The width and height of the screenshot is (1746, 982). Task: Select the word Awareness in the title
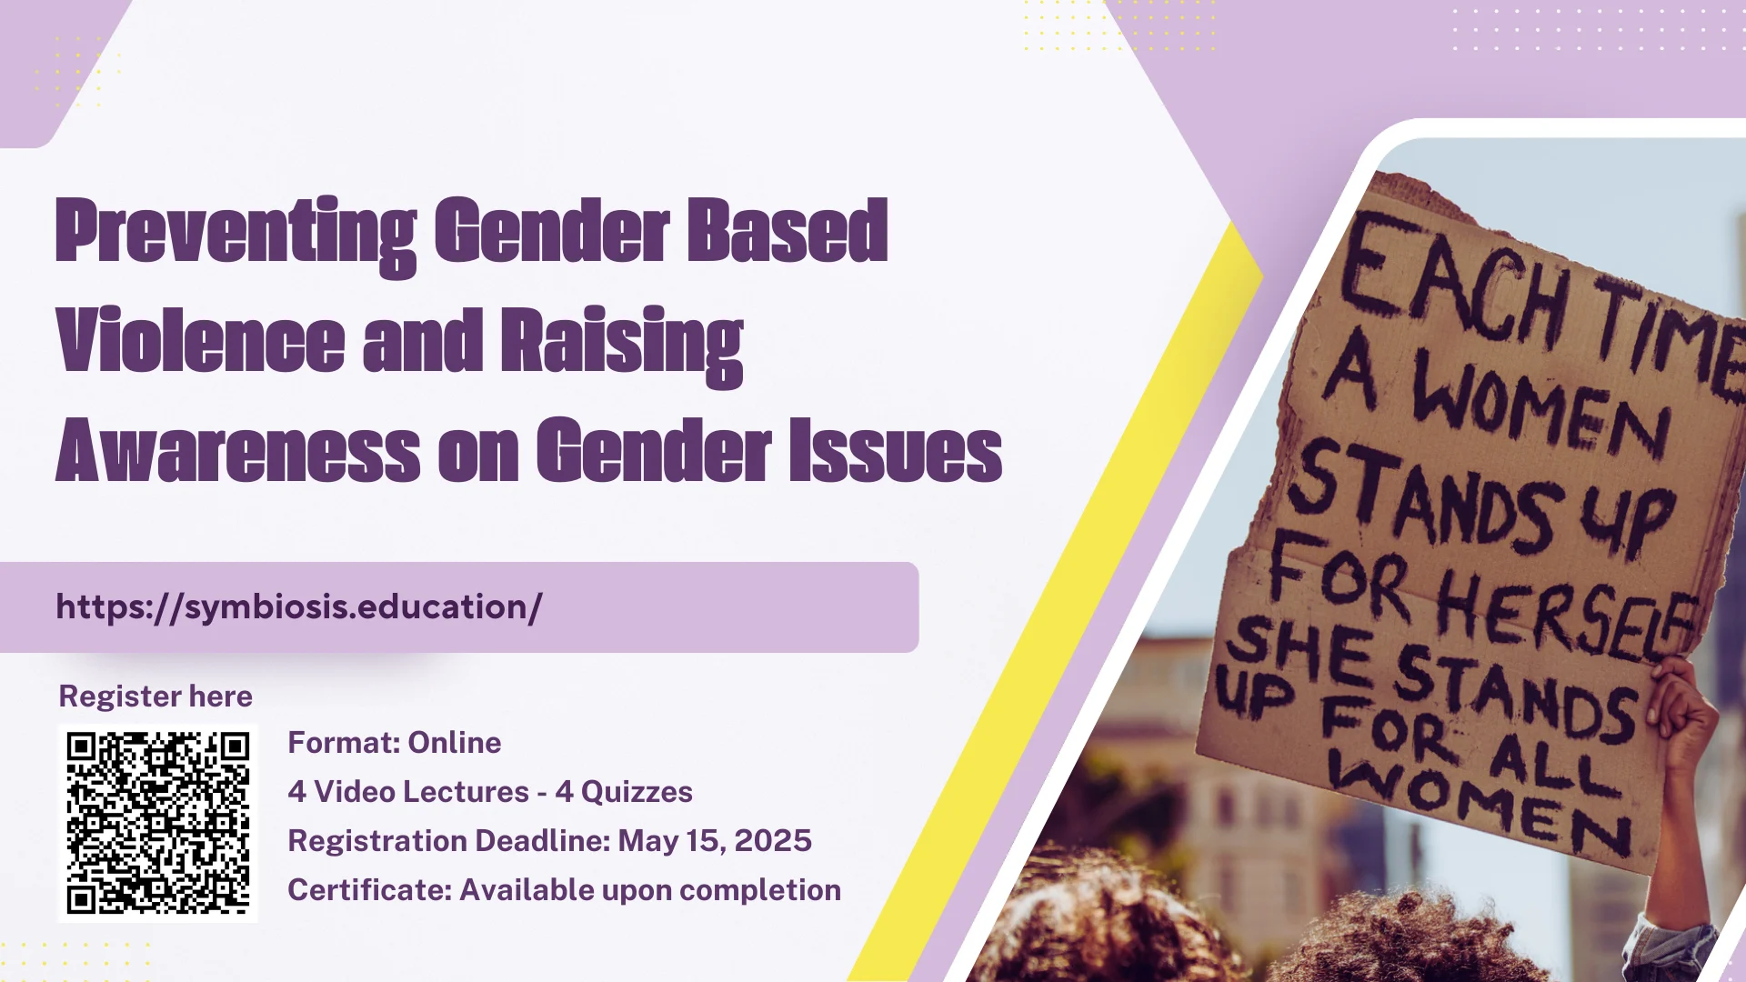tap(238, 450)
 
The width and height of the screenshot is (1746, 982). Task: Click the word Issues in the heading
tap(896, 450)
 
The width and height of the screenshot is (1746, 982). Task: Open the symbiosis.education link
tap(299, 607)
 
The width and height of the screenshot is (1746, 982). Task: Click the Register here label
tap(156, 696)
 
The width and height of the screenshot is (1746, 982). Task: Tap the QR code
tap(158, 823)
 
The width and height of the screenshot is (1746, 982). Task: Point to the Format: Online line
tap(395, 743)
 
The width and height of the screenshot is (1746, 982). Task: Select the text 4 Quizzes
tap(624, 792)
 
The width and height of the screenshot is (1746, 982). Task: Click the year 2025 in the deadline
tap(773, 841)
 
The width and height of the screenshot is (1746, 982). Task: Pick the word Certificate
tap(370, 890)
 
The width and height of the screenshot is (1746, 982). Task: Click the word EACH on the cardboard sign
tap(1455, 282)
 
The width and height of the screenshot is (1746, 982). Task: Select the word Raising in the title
tap(622, 346)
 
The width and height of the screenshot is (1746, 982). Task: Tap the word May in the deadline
tap(648, 842)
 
